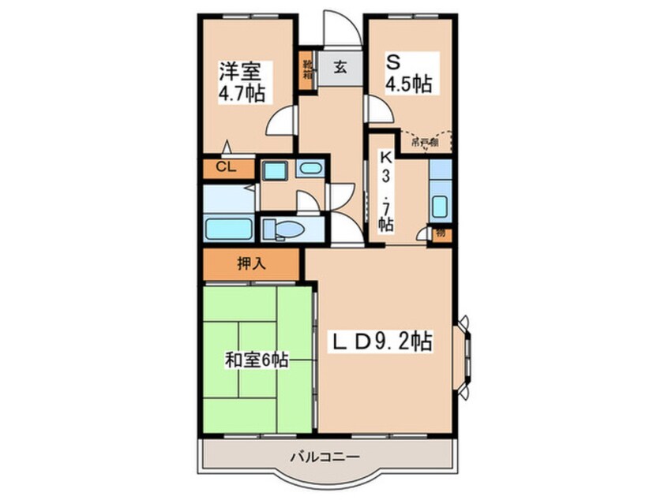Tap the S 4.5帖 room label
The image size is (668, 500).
407,73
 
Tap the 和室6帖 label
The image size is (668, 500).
255,360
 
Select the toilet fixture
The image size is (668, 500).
284,229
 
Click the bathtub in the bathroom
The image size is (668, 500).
228,229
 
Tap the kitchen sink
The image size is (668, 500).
440,207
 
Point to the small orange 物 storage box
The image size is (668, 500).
440,233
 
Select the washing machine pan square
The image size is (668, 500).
274,170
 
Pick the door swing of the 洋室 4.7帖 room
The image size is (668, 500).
278,122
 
